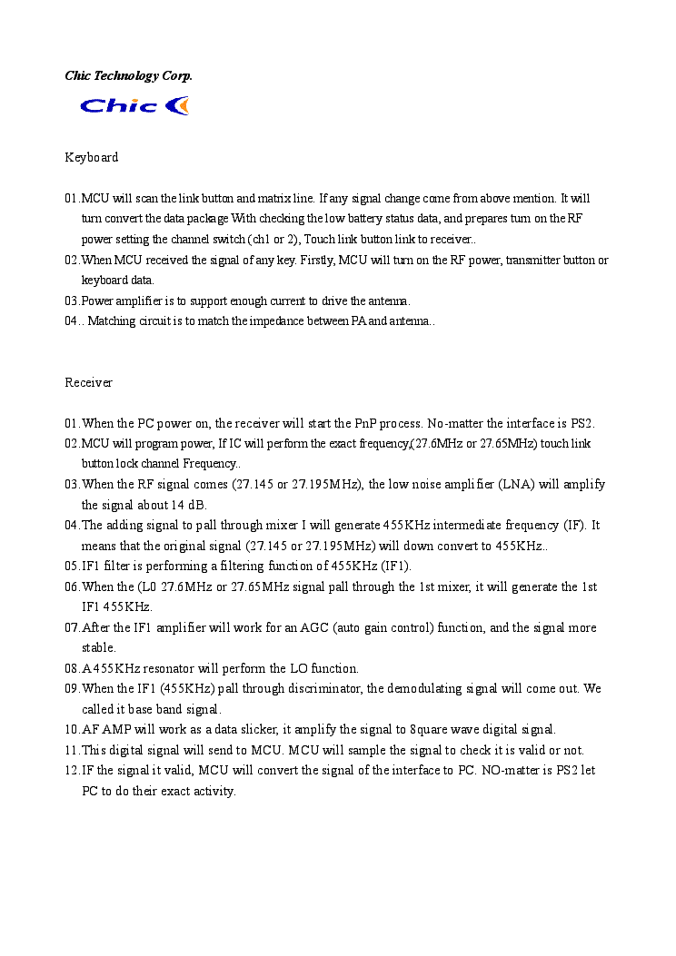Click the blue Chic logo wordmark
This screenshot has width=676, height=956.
pos(119,106)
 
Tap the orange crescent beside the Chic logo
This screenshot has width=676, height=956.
pos(179,106)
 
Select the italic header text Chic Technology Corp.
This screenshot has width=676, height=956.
pos(128,75)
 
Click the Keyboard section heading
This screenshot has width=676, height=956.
pos(91,157)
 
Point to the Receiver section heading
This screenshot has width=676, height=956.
pos(88,382)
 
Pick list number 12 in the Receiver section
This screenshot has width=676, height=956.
pos(72,770)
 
